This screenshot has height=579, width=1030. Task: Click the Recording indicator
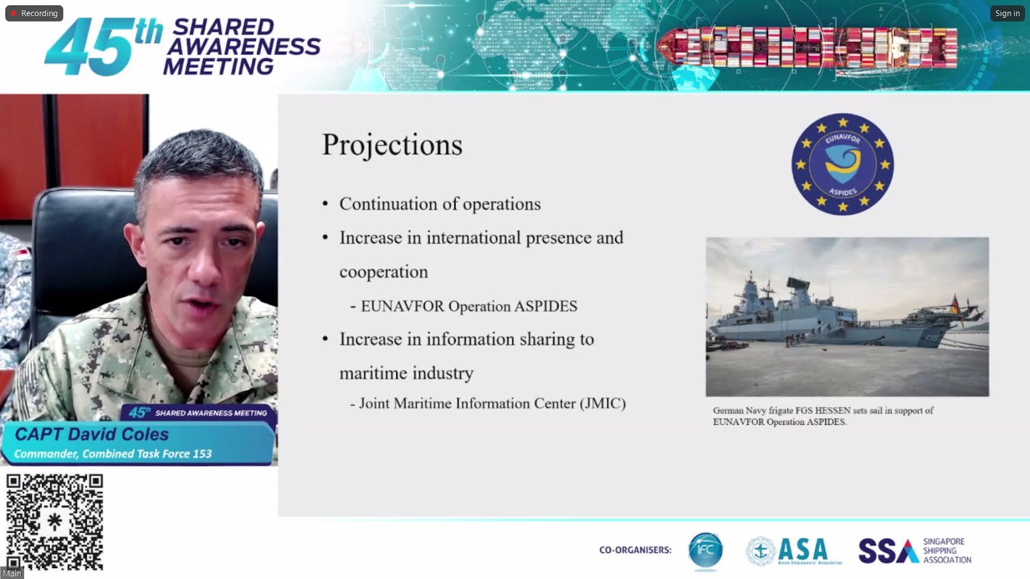34,13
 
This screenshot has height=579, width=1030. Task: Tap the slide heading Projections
392,145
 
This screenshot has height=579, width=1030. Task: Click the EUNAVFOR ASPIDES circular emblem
842,164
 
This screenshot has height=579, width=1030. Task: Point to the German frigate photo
847,316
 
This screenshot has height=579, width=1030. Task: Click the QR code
55,521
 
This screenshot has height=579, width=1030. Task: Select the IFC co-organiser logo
705,550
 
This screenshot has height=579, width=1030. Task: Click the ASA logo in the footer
794,550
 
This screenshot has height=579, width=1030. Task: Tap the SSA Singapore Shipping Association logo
915,551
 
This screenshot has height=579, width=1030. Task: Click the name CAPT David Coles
92,434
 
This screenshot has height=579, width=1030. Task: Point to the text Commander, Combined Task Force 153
113,454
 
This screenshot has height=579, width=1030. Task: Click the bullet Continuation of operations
440,204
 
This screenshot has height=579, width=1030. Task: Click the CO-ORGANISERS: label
636,550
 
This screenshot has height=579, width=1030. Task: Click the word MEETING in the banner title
219,67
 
